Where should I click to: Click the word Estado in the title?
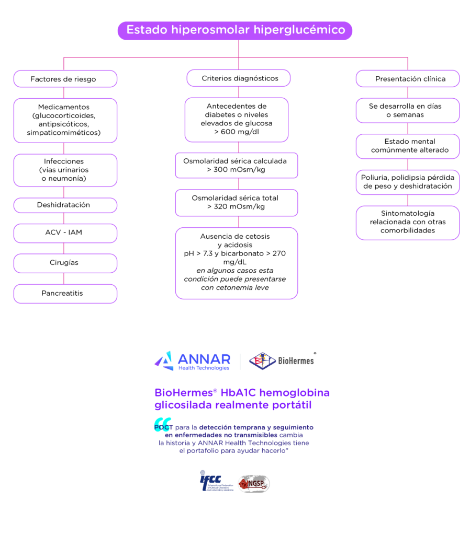coord(147,30)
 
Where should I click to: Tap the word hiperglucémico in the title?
coord(299,30)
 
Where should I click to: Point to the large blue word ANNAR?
coord(204,358)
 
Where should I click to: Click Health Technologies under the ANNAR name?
coord(204,368)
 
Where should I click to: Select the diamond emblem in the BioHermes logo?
coord(262,361)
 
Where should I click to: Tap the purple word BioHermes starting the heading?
coord(179,393)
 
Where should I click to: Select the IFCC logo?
coord(216,483)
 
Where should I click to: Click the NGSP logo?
coord(254,484)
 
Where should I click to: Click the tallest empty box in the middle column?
coord(237,263)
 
